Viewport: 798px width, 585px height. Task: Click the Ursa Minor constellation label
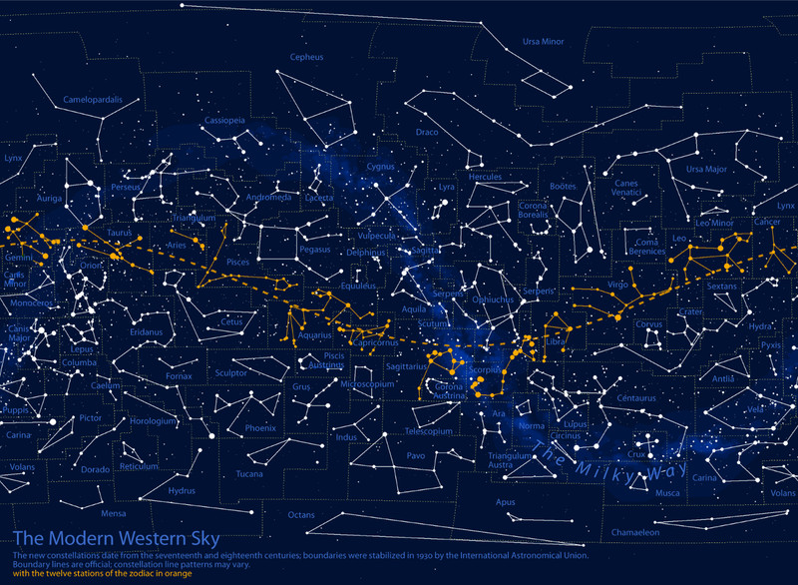(544, 42)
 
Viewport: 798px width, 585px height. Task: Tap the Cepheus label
(306, 58)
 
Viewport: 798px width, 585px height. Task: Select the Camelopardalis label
(93, 100)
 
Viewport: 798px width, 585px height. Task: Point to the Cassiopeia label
(224, 120)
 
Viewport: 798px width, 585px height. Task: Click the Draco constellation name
(427, 132)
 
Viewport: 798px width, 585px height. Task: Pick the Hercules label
(485, 177)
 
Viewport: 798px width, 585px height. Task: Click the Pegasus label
(314, 249)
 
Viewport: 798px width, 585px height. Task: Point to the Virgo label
(618, 285)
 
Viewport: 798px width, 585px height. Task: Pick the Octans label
(301, 514)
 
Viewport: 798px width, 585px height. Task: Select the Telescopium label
(429, 432)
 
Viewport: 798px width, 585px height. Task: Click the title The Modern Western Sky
(117, 539)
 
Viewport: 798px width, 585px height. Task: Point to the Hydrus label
(182, 490)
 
